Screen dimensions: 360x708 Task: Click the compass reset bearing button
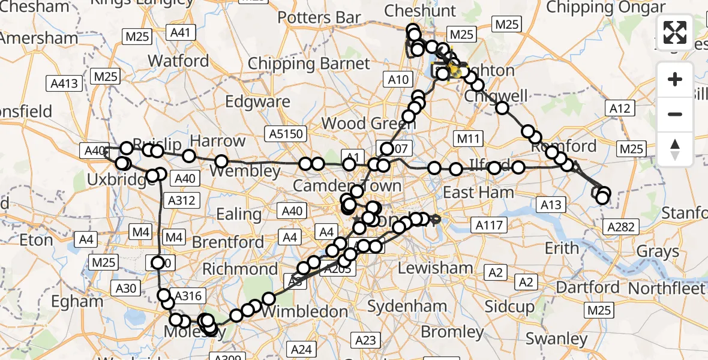coord(675,149)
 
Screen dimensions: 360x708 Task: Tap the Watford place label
coord(178,61)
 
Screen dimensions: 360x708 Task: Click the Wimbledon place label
coord(305,311)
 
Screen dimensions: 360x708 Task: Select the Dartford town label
coord(587,287)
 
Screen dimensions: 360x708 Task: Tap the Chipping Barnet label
coord(309,64)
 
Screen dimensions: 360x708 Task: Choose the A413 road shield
coord(65,83)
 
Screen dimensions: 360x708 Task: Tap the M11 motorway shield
coord(469,139)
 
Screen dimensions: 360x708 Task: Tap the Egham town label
coord(77,301)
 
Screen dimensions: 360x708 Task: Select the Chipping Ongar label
coord(607,7)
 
